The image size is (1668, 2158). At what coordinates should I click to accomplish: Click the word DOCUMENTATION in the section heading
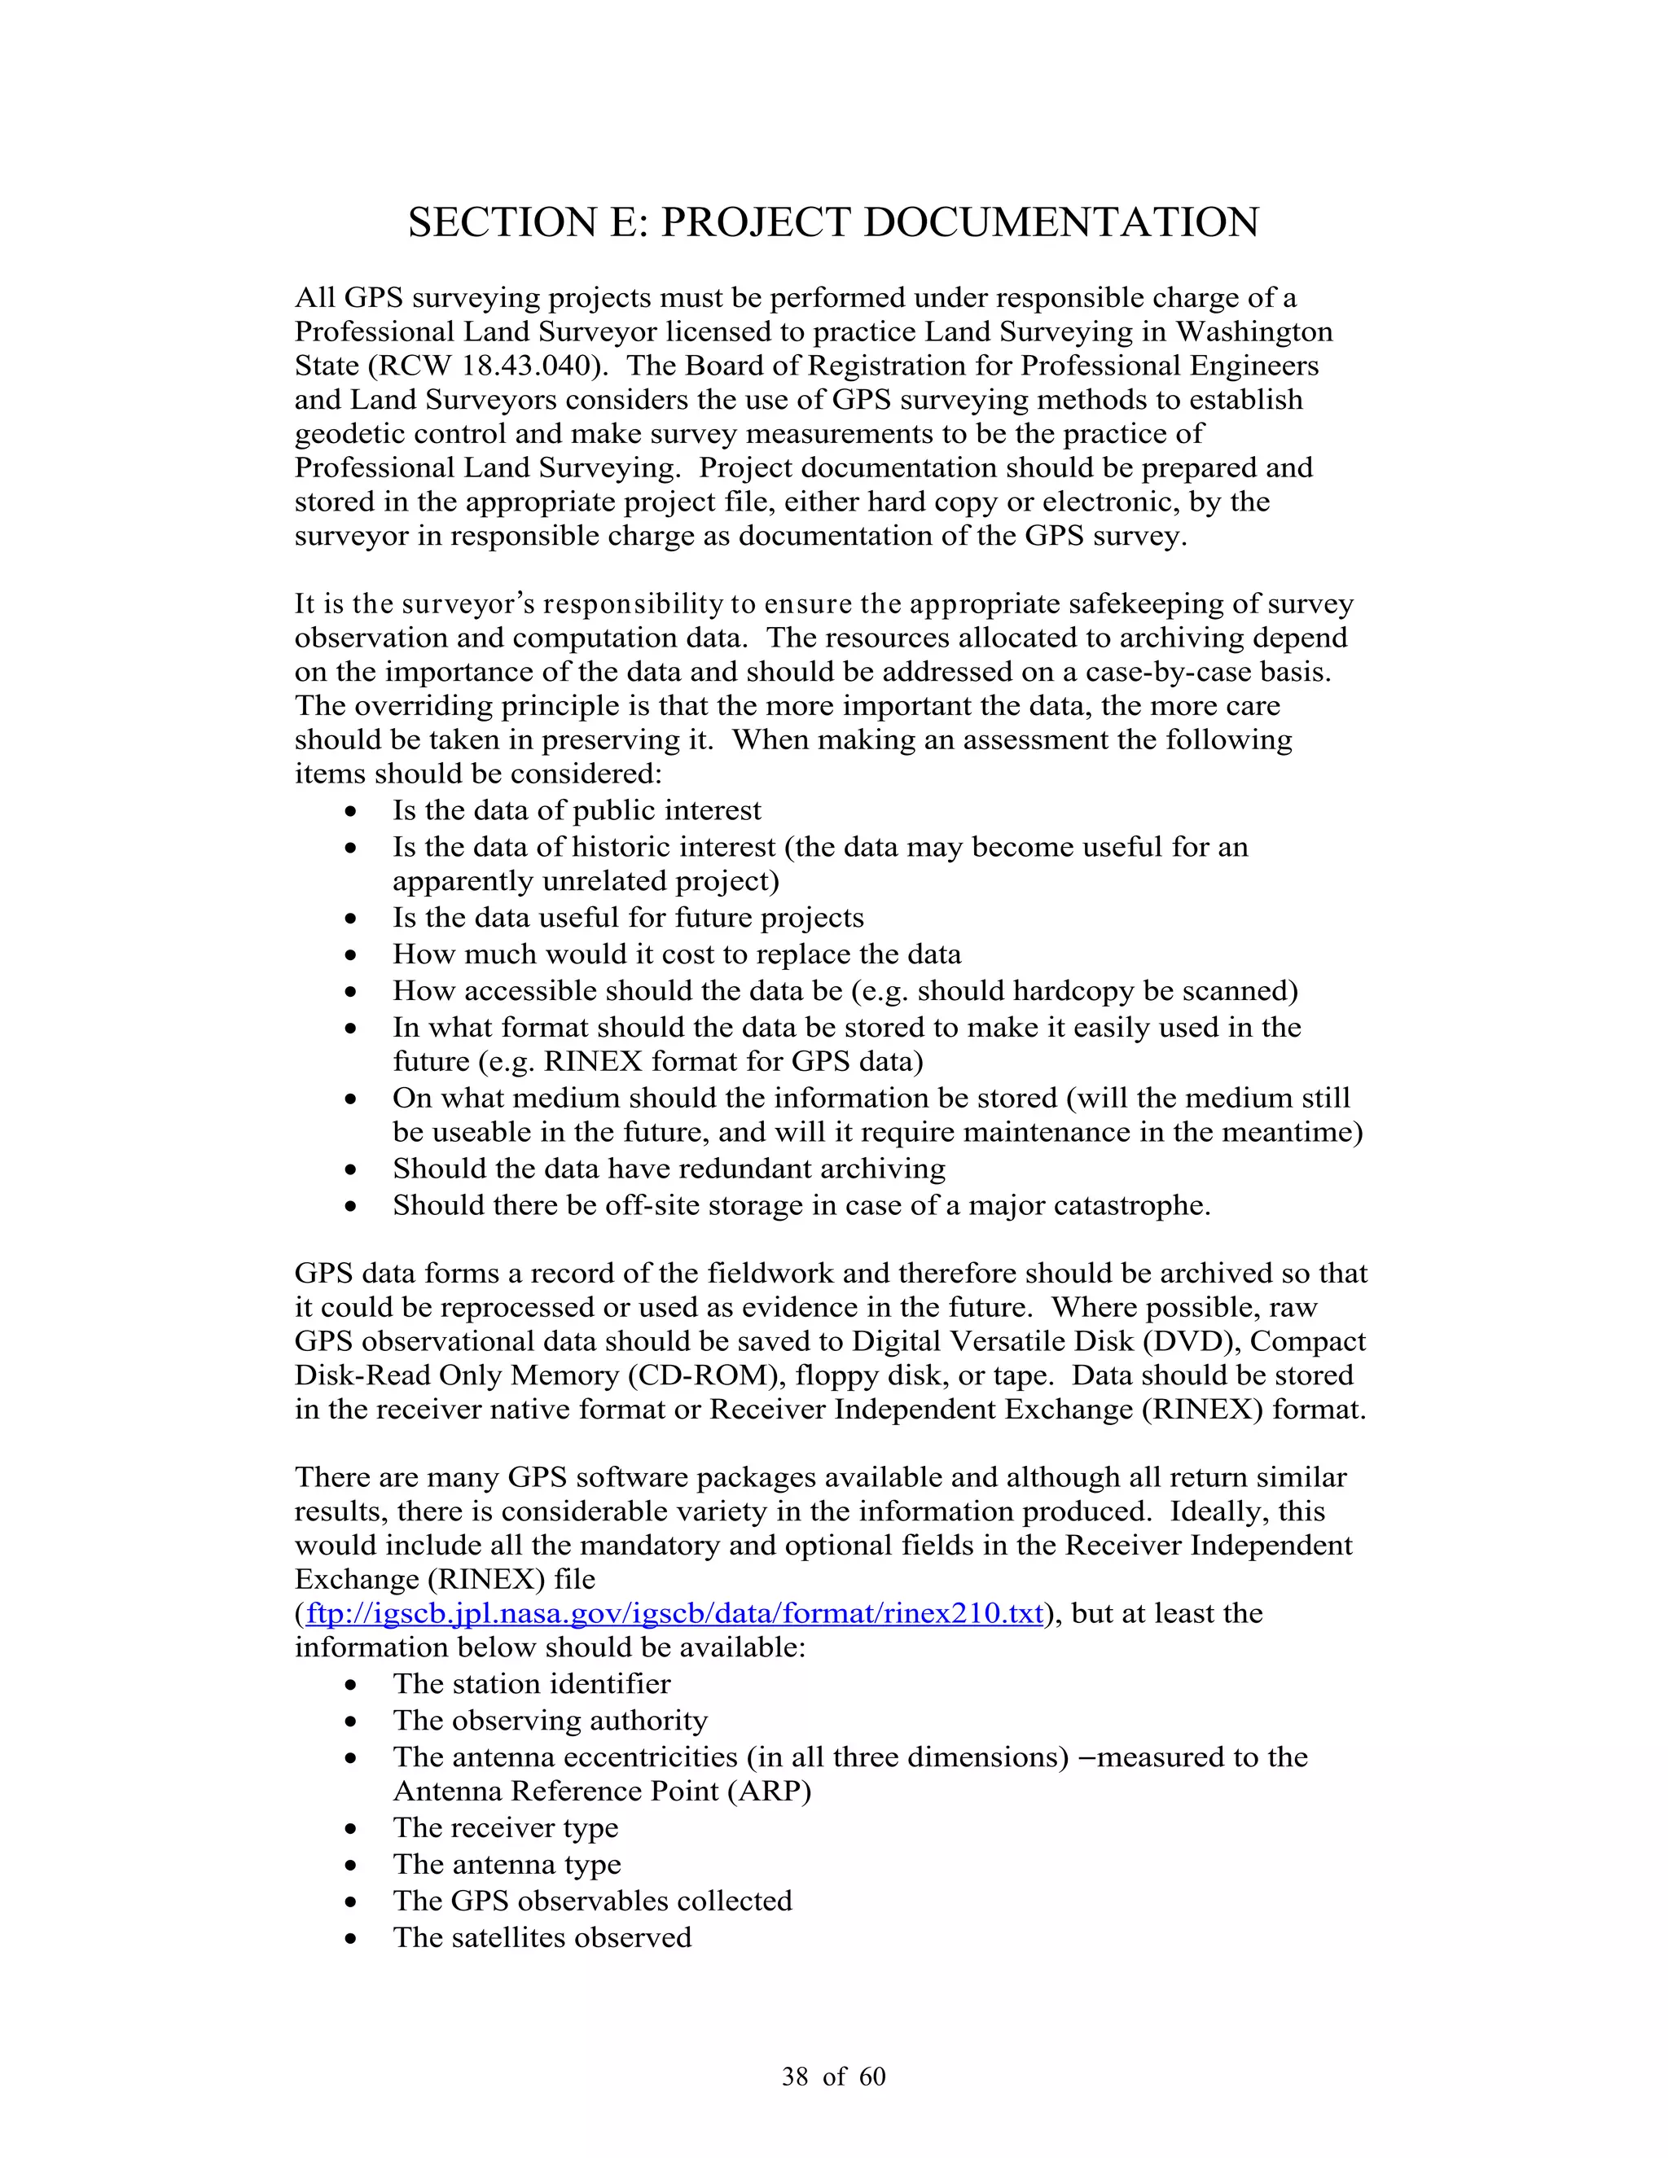point(1061,222)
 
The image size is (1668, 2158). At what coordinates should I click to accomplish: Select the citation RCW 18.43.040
point(487,366)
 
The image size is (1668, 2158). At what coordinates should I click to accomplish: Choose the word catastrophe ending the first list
point(1127,1205)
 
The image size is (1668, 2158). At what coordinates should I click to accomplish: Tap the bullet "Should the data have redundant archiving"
point(668,1169)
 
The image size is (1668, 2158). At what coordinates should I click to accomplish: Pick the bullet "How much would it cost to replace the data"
point(676,954)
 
